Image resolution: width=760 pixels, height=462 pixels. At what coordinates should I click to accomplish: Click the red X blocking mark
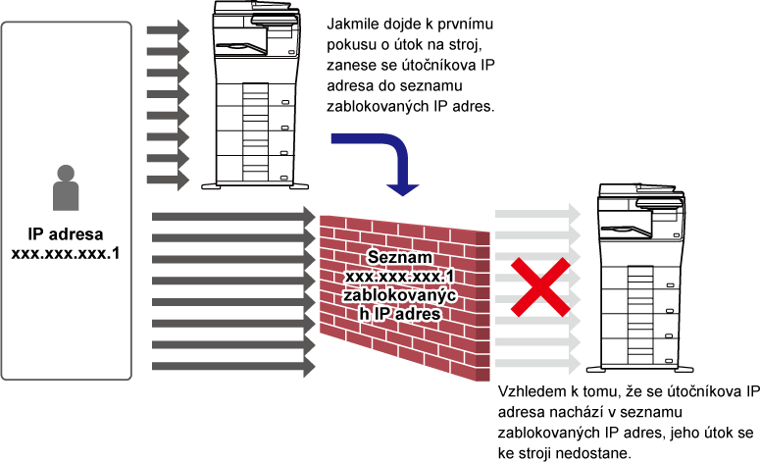click(x=541, y=287)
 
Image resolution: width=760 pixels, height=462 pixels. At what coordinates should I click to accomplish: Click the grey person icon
click(x=66, y=187)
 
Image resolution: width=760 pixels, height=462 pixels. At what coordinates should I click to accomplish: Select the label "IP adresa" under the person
click(x=66, y=234)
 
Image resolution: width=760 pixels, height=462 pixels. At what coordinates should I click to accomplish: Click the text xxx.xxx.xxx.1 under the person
click(x=66, y=253)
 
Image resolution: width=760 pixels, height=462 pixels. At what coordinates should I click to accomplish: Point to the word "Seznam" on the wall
click(x=400, y=257)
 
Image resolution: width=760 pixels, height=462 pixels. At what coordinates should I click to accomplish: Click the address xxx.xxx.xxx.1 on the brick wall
click(x=400, y=277)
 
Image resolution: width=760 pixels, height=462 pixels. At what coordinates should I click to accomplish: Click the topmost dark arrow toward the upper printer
click(x=168, y=30)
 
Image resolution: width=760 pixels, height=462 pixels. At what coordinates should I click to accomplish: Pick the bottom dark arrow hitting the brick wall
click(x=233, y=367)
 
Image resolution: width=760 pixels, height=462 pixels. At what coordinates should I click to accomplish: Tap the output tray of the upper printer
click(x=241, y=47)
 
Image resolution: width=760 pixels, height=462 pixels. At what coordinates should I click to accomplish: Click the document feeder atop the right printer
click(x=635, y=189)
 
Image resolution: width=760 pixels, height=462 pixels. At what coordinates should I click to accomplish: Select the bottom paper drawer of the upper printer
click(x=255, y=169)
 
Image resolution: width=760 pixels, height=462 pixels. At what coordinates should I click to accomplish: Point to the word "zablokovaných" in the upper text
click(x=378, y=106)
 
